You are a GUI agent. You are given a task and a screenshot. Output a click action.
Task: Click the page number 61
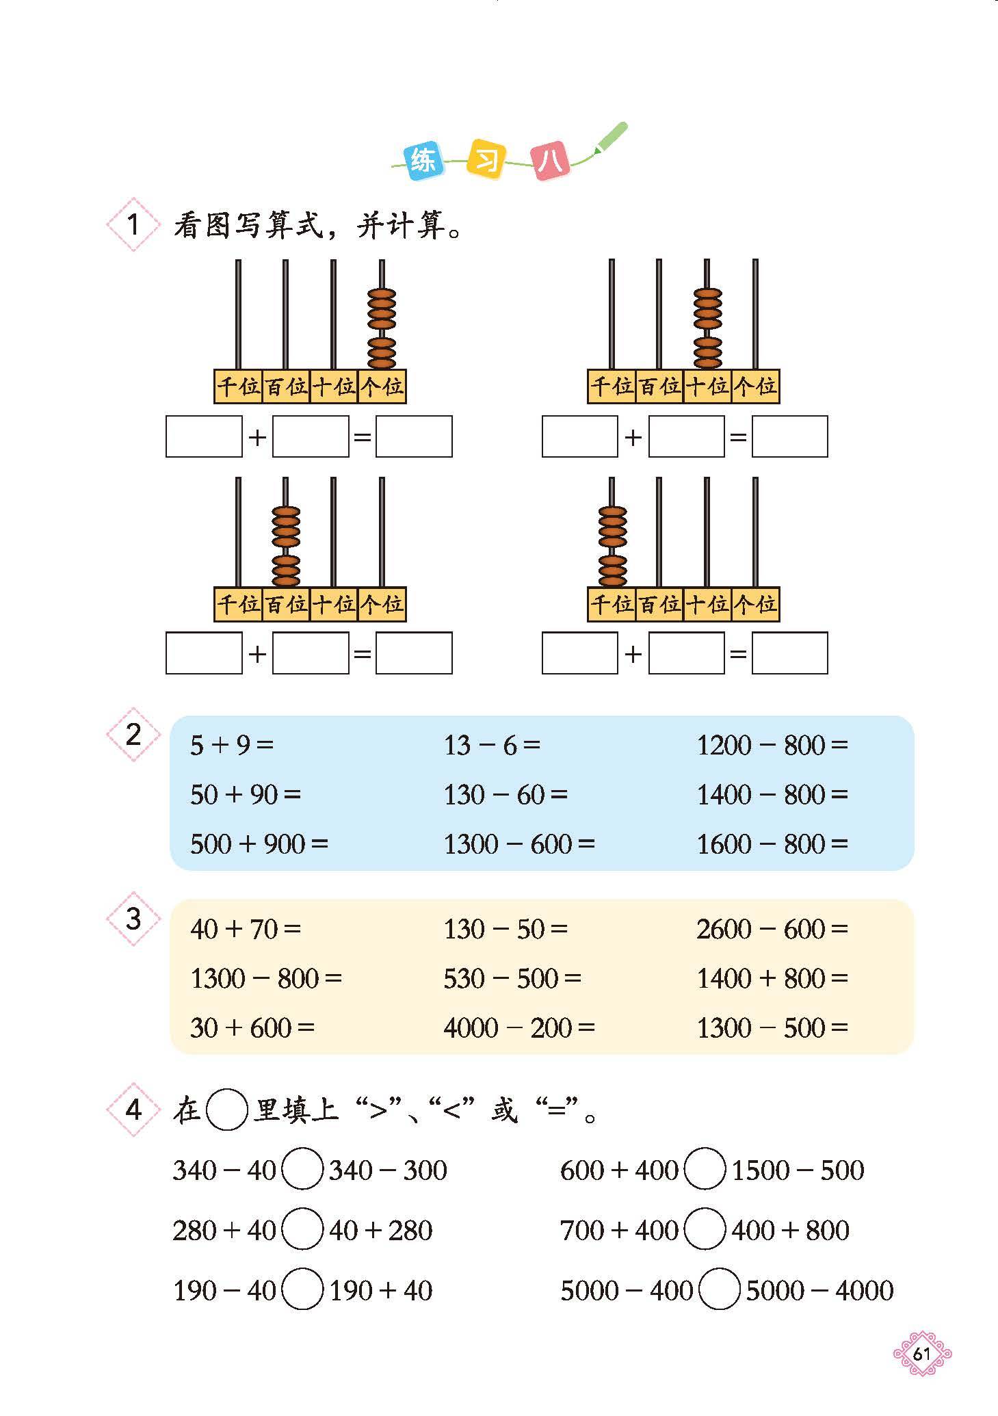click(922, 1354)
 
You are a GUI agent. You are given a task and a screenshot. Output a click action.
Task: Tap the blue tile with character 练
click(423, 161)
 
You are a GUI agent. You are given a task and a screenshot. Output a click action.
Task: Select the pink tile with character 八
click(551, 161)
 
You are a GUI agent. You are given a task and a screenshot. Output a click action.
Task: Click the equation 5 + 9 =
click(231, 746)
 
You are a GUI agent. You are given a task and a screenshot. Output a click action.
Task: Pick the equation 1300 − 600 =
click(518, 844)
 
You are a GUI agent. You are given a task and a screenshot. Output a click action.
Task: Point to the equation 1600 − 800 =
click(772, 844)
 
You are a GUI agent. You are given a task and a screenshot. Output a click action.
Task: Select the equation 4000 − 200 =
click(518, 1027)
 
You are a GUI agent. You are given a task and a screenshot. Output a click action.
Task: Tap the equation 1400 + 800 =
click(772, 978)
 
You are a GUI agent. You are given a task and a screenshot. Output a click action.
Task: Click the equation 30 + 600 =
click(252, 1027)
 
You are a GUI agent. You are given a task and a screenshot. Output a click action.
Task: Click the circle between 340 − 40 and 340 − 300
click(302, 1170)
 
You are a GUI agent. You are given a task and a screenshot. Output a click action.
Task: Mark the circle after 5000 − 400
click(719, 1291)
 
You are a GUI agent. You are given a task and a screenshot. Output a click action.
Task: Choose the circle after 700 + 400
click(704, 1231)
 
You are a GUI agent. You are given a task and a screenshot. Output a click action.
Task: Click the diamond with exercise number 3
click(133, 919)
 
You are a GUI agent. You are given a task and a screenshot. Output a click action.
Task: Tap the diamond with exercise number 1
click(133, 224)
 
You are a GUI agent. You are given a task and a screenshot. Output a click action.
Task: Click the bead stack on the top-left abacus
click(381, 328)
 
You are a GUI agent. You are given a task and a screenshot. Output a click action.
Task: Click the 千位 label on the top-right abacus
click(611, 386)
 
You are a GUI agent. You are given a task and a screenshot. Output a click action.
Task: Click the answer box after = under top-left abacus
click(414, 436)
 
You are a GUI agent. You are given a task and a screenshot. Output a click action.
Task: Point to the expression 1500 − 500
click(798, 1170)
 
